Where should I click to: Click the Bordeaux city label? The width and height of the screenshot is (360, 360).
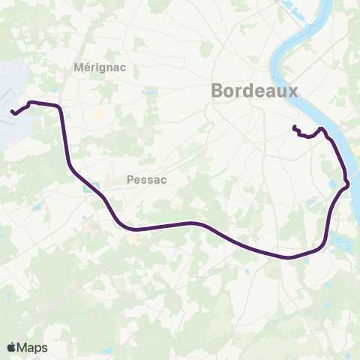(255, 91)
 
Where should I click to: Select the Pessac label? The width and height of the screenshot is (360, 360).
(146, 180)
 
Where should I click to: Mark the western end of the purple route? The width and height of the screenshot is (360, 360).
(12, 113)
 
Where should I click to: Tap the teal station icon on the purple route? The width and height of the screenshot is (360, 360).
(88, 189)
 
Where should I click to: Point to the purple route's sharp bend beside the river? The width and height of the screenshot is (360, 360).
(346, 183)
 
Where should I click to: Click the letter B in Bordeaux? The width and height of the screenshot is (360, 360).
(218, 91)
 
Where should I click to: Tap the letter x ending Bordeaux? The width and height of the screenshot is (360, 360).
(294, 91)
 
